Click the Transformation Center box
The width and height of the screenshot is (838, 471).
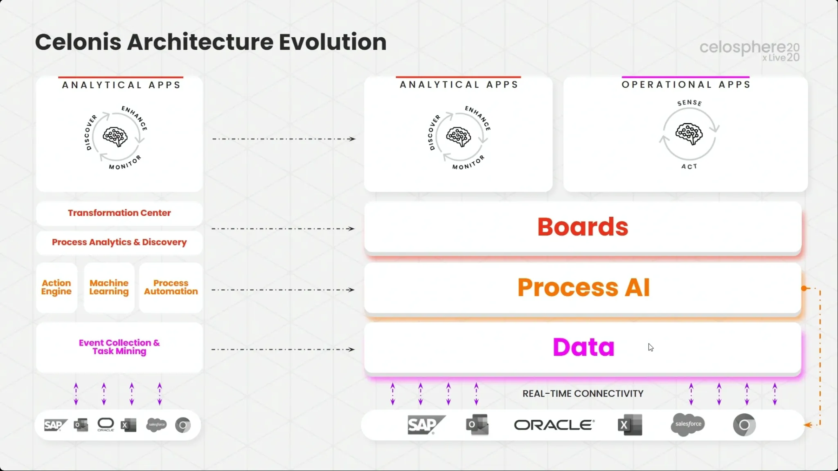119,213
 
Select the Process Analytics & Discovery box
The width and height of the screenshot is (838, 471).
119,242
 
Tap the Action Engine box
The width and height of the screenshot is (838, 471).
56,287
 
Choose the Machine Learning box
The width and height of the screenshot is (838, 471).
109,287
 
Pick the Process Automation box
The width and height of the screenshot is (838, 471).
171,287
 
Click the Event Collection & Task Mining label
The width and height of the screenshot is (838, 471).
119,347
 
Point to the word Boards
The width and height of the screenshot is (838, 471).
583,227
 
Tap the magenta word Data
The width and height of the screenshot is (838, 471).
583,347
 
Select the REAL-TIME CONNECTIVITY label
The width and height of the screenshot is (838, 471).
583,394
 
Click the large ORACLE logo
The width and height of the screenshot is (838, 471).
554,425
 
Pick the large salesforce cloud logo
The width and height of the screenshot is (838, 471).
688,424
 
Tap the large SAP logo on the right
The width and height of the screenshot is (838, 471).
426,425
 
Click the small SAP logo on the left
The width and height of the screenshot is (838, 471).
56,425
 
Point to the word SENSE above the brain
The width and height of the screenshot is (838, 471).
689,103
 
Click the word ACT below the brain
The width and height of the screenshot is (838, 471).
689,167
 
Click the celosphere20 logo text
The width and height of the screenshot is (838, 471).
749,48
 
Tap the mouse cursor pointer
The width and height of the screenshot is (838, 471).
651,348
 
